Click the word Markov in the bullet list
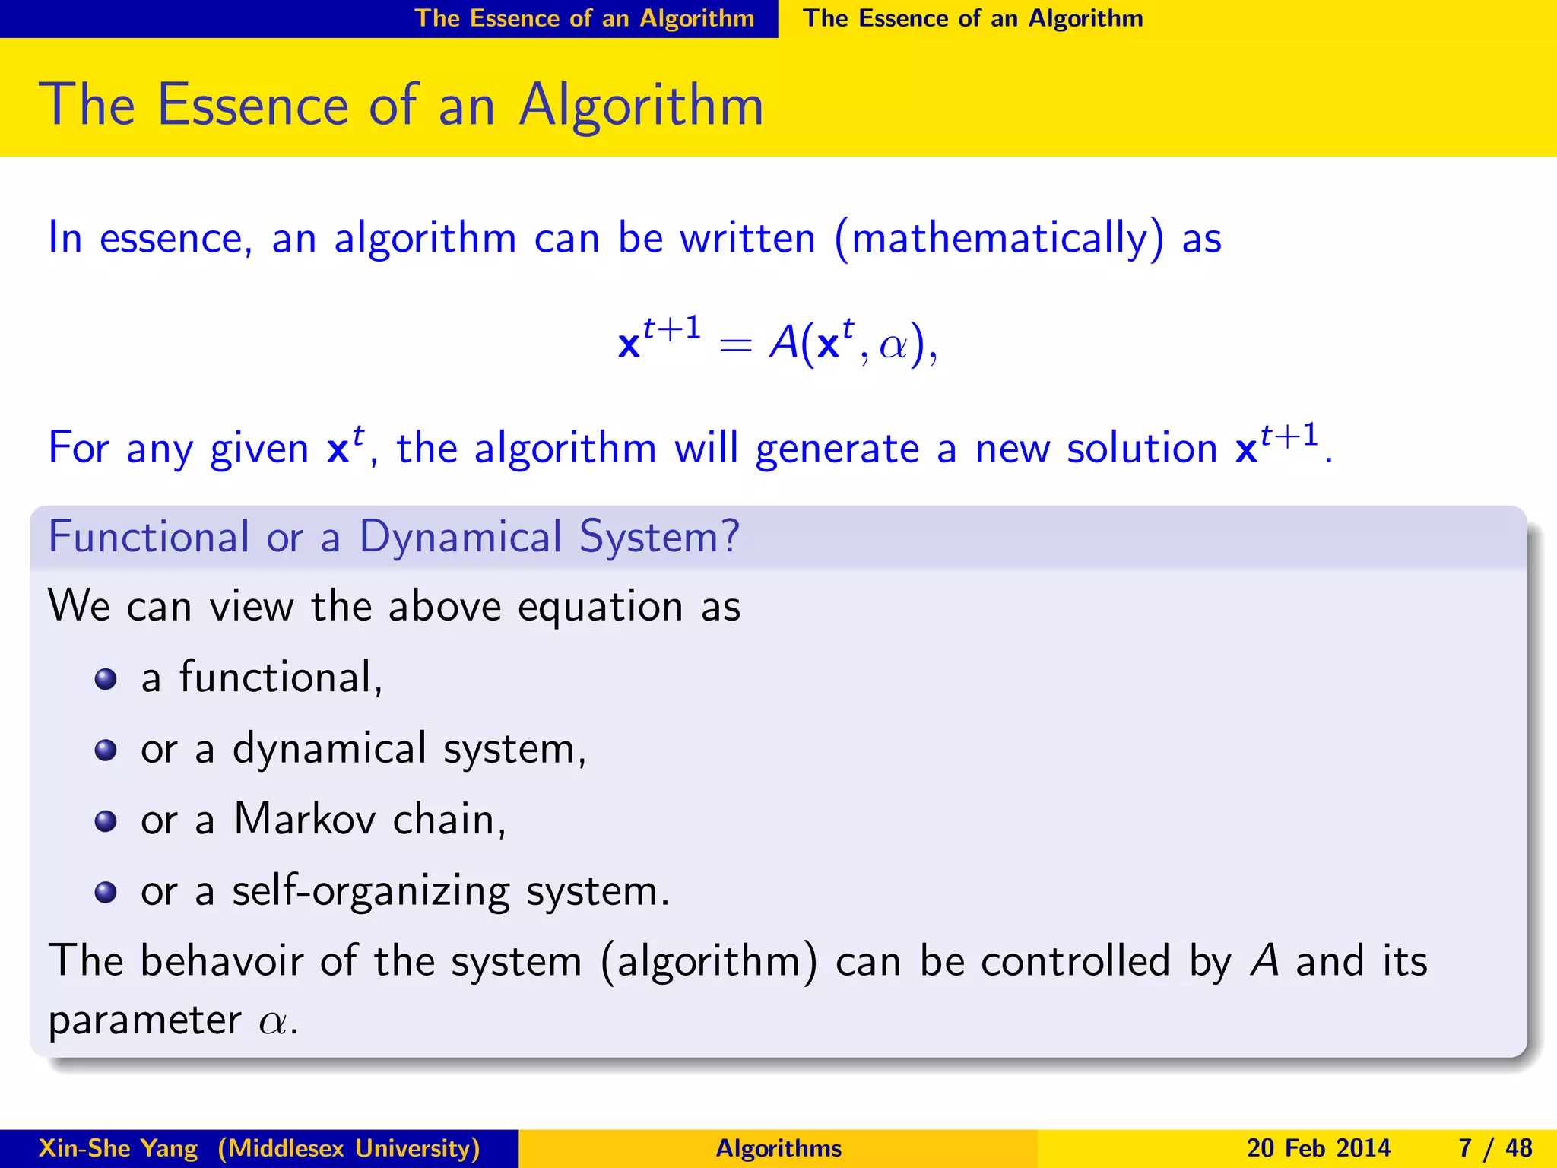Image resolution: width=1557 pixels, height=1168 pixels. coord(304,820)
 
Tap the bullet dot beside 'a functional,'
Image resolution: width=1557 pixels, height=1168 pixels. coord(106,679)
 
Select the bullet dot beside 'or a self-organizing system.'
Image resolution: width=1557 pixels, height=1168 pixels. coord(106,892)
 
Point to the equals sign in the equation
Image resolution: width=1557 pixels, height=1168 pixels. coord(734,346)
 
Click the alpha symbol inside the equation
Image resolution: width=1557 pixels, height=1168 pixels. coord(893,346)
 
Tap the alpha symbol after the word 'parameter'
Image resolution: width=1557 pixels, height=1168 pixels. coord(274,1022)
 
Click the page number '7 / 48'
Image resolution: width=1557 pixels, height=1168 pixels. coord(1495,1148)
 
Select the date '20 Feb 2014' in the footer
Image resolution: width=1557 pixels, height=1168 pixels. coord(1318,1148)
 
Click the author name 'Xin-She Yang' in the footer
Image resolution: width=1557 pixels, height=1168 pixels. coord(118,1148)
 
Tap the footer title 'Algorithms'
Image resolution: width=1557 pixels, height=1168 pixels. coord(778,1148)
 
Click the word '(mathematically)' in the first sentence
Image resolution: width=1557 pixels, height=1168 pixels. coord(998,239)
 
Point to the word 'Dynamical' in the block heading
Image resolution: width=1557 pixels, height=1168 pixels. coord(460,537)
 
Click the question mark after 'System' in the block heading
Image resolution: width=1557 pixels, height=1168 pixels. coord(730,537)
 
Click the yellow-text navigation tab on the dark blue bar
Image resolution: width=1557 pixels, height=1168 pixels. coord(584,18)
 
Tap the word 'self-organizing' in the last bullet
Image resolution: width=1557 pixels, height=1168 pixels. coord(371,891)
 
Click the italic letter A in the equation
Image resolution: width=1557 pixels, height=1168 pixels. coord(783,342)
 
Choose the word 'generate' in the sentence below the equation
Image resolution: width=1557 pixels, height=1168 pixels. coord(837,449)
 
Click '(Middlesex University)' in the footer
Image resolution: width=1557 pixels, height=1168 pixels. coord(349,1148)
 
